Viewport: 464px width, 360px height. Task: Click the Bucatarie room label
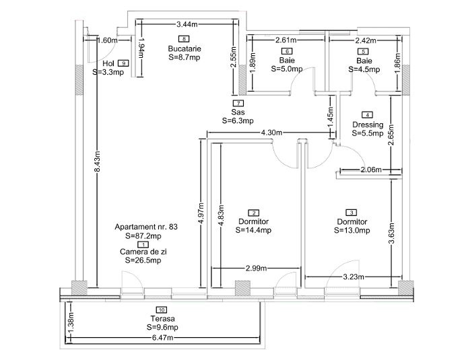[x=185, y=48]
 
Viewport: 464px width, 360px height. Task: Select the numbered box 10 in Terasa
[x=162, y=310]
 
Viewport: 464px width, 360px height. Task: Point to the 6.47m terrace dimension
[x=162, y=338]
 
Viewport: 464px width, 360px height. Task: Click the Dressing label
[x=368, y=124]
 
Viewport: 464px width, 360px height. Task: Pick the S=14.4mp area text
[x=254, y=230]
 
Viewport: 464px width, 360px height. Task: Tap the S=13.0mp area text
[x=352, y=230]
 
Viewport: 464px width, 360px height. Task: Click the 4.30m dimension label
[x=271, y=133]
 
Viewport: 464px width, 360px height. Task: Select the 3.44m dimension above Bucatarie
[x=187, y=24]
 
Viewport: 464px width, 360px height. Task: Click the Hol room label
[x=108, y=63]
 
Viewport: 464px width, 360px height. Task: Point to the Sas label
[x=238, y=112]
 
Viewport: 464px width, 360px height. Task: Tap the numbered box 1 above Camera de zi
[x=143, y=244]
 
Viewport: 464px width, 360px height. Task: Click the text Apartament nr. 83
[x=146, y=227]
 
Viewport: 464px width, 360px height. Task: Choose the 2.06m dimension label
[x=371, y=170]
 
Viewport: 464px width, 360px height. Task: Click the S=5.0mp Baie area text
[x=287, y=69]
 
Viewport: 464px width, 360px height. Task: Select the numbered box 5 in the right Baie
[x=363, y=51]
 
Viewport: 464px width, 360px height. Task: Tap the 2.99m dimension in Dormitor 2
[x=257, y=268]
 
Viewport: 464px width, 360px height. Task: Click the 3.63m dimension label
[x=391, y=233]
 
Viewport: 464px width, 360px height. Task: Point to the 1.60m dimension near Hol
[x=108, y=40]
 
